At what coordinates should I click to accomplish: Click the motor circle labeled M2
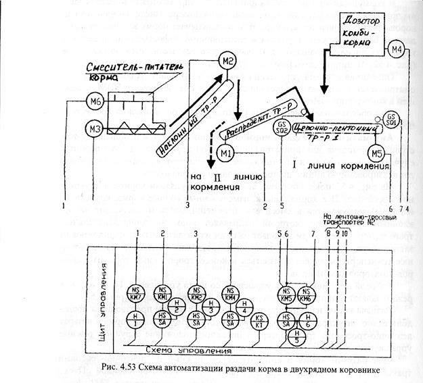tap(227, 63)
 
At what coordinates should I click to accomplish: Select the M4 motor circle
tap(397, 49)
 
